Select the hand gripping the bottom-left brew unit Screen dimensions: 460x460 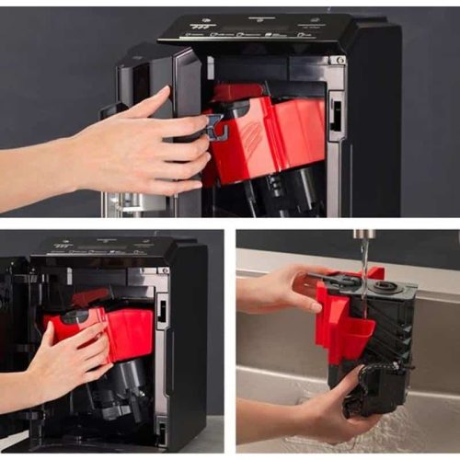69,354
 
